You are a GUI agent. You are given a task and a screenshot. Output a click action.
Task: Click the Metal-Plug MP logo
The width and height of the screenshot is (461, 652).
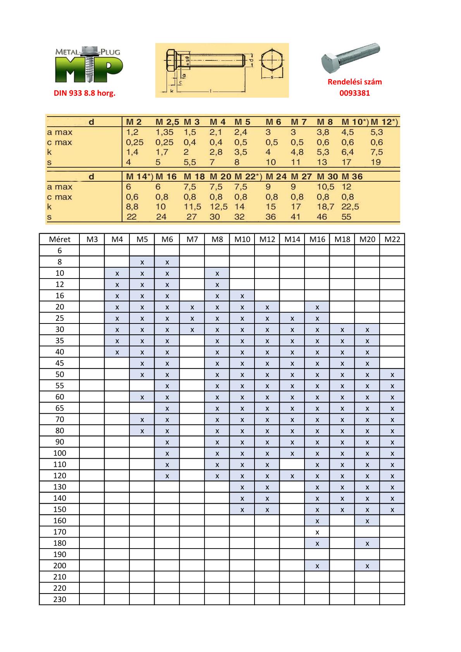(x=89, y=65)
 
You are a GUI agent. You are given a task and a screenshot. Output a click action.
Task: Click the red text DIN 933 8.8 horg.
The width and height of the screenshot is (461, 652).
(x=84, y=93)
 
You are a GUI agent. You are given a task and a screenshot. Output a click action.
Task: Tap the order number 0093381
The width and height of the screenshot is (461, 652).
(x=354, y=93)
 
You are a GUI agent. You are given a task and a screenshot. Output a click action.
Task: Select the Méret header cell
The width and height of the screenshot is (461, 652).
(x=60, y=239)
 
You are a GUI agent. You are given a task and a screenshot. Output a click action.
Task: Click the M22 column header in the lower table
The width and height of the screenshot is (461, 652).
(x=392, y=239)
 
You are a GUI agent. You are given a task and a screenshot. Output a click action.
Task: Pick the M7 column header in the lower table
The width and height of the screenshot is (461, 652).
(x=192, y=239)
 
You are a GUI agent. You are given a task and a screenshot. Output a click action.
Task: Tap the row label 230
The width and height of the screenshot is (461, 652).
(x=60, y=599)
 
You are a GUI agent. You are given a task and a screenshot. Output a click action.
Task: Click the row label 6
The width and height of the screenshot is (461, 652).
(x=60, y=250)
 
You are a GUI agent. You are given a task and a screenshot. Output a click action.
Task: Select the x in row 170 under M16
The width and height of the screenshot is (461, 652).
(x=317, y=532)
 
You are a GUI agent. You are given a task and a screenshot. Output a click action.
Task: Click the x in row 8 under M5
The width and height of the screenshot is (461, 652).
(x=142, y=262)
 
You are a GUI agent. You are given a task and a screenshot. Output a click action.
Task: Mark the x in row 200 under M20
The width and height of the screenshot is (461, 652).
(x=367, y=566)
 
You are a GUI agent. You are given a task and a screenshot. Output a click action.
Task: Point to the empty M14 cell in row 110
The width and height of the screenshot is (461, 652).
(x=292, y=464)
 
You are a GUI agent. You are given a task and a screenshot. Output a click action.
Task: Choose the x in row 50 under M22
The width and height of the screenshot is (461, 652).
(x=392, y=375)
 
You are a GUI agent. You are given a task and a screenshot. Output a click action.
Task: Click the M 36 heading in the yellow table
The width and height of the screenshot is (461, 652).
(x=352, y=177)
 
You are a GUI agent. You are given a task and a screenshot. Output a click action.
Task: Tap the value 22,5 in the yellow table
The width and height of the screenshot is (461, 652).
(x=350, y=207)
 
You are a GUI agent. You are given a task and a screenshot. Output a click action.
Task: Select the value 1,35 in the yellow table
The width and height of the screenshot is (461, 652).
(x=165, y=132)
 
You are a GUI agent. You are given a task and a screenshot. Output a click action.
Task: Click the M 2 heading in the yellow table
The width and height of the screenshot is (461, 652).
(x=134, y=122)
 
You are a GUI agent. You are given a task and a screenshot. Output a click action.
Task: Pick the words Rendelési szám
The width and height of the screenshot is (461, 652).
(x=354, y=82)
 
